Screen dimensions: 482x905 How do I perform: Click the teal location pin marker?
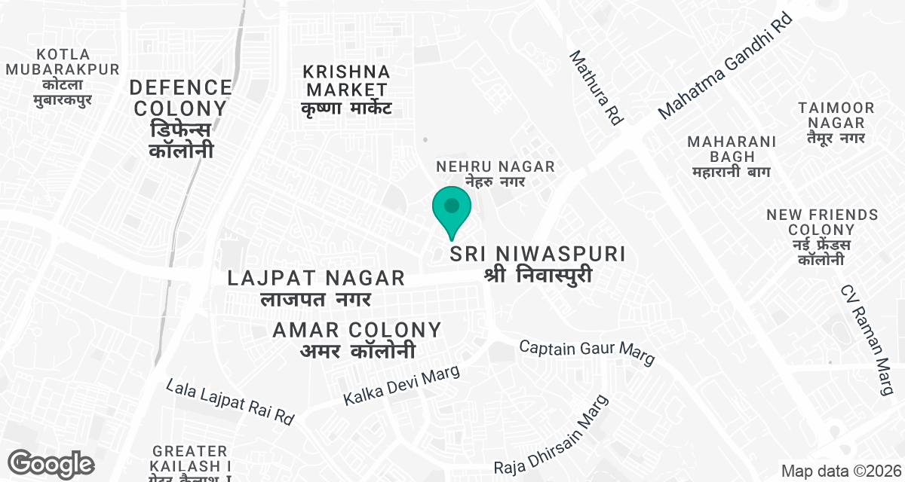click(452, 208)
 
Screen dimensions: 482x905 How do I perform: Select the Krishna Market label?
click(346, 90)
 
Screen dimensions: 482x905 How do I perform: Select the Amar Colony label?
click(357, 340)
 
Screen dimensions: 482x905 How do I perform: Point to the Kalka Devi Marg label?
click(401, 386)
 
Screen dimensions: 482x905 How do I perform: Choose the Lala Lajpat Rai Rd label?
click(229, 404)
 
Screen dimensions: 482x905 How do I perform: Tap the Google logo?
click(51, 463)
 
